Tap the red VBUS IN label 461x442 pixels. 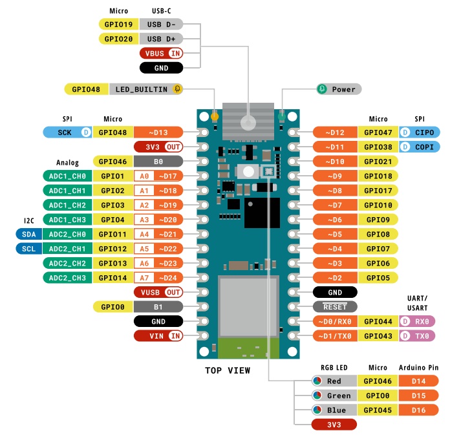[161, 53]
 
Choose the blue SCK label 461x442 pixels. [69, 132]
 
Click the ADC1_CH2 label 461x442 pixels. [68, 205]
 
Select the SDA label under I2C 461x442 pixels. [28, 234]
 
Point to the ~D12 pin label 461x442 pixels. [334, 132]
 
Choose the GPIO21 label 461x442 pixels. [378, 161]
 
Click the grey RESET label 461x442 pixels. [334, 306]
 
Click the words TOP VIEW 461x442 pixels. [228, 370]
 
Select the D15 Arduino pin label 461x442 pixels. [418, 395]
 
